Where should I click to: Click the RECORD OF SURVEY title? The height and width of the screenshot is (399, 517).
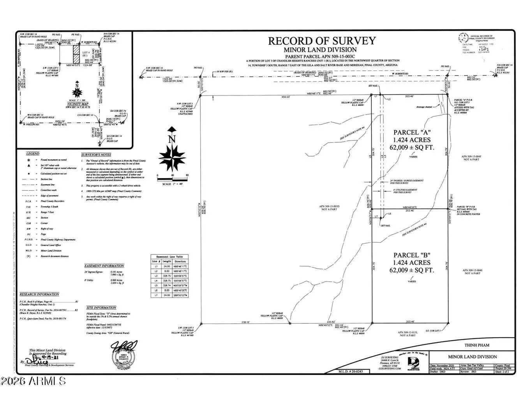tap(322, 41)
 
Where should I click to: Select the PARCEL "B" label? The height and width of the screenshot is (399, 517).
tap(412, 255)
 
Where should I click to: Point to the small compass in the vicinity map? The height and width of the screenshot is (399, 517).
tap(77, 91)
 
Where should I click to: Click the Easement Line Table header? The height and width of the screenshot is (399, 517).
tap(169, 257)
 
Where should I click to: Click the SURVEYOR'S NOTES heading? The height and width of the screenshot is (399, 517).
tap(96, 155)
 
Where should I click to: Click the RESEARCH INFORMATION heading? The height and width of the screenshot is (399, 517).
tap(39, 294)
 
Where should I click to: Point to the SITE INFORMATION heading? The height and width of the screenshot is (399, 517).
tap(101, 307)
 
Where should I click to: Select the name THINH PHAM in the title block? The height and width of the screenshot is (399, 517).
tap(476, 345)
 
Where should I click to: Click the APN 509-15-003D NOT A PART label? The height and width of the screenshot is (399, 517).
tap(330, 208)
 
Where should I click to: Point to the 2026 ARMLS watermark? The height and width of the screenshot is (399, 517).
tap(33, 380)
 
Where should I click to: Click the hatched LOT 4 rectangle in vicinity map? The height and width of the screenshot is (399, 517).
tap(76, 54)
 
